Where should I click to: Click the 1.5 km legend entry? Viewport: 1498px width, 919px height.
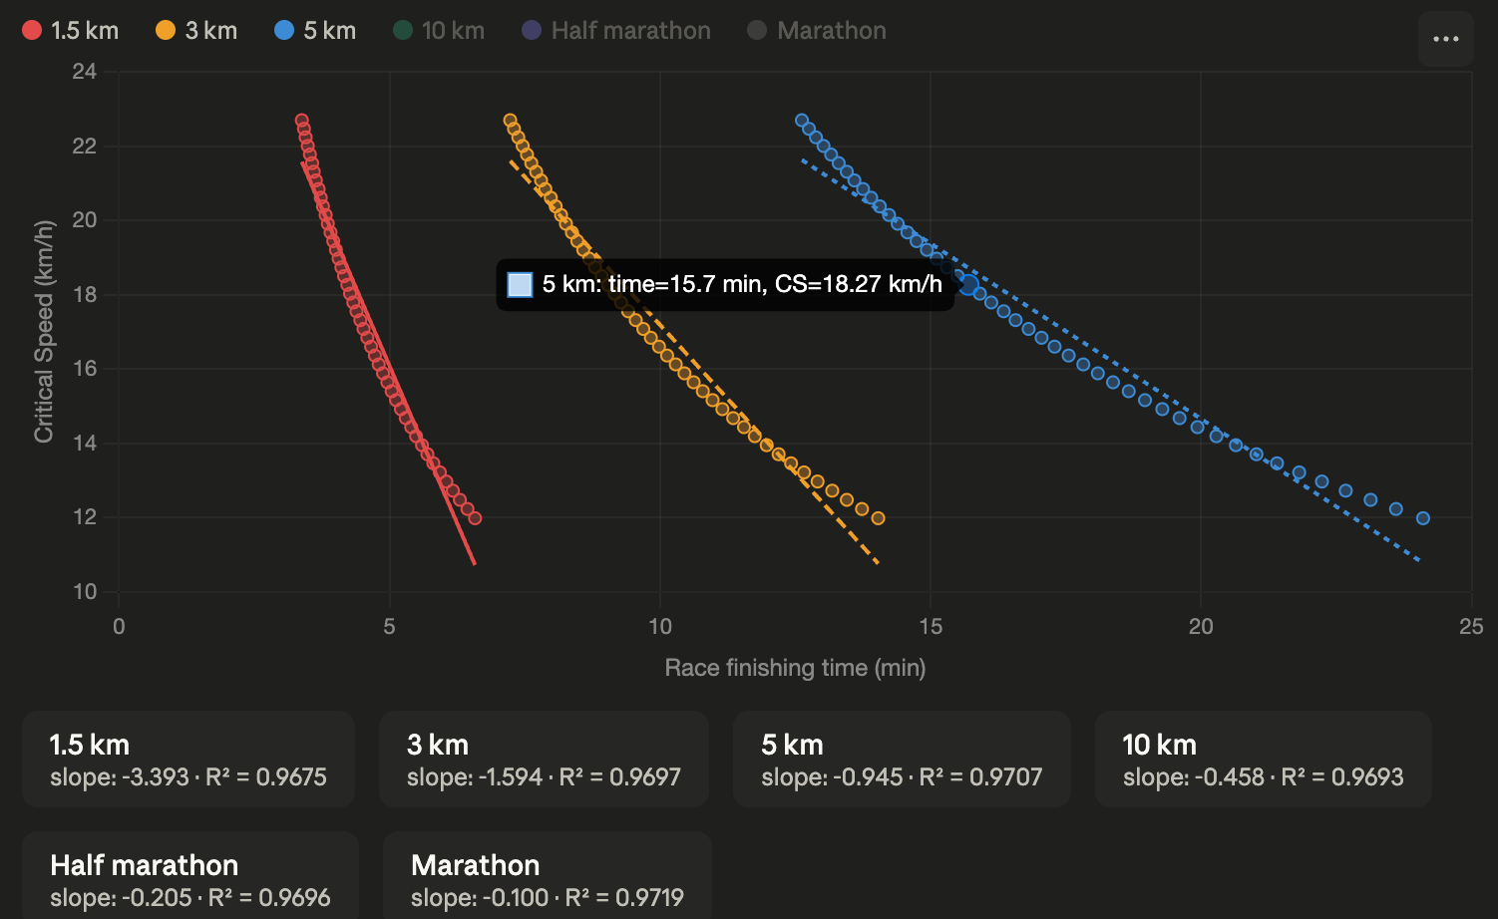point(70,31)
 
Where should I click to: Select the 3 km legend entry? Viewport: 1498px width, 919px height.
point(196,31)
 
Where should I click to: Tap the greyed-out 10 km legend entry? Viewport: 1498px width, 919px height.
point(439,31)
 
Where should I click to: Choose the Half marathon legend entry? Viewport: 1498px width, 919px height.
point(616,31)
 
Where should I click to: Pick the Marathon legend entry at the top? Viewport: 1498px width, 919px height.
point(817,31)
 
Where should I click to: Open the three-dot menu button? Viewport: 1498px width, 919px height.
point(1446,39)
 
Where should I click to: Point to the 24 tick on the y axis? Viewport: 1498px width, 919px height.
point(84,72)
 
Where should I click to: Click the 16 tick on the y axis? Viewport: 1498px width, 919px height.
point(84,368)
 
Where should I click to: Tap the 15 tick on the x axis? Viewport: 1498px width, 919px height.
point(931,626)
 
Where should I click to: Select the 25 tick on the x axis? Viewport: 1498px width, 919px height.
point(1471,626)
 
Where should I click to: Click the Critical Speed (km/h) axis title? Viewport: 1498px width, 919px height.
point(44,332)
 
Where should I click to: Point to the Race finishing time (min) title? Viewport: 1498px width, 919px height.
point(795,668)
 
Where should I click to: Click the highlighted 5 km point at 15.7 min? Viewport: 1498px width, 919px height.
point(969,285)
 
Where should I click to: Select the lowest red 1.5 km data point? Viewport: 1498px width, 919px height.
point(475,518)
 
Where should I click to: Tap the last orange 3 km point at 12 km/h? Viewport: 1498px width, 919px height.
point(878,518)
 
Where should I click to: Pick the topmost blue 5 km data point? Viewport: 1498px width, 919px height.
point(801,121)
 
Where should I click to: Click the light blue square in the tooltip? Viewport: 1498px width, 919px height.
point(520,285)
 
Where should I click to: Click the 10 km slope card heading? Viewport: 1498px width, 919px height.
point(1159,745)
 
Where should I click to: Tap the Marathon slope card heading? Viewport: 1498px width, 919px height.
point(476,865)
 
